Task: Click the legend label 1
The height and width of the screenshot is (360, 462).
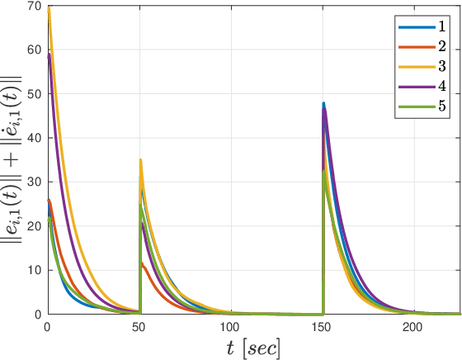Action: [442, 27]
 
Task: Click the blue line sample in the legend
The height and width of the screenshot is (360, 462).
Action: [414, 27]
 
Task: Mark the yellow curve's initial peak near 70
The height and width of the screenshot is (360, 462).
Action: [49, 8]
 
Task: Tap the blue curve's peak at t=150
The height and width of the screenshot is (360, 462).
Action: [323, 103]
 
